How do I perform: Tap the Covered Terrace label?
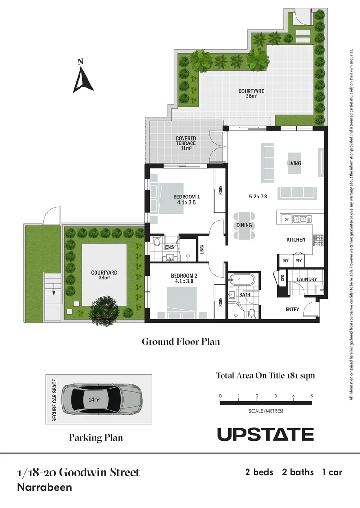186,143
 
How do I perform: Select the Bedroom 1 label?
186,199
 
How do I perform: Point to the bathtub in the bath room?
243,280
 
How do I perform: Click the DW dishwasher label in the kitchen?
286,220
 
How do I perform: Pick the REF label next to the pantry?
285,260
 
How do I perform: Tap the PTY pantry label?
298,260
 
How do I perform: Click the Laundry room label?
306,279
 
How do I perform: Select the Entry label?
292,309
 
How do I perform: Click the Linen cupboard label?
202,249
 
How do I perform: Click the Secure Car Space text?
55,400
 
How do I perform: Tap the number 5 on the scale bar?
312,396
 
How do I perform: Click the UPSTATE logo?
265,434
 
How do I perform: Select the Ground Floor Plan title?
181,341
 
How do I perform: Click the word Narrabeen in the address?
44,487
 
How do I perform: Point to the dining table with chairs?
244,225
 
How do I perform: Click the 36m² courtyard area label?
251,94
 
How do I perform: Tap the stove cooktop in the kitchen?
318,239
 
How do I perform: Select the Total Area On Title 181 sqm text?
265,375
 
